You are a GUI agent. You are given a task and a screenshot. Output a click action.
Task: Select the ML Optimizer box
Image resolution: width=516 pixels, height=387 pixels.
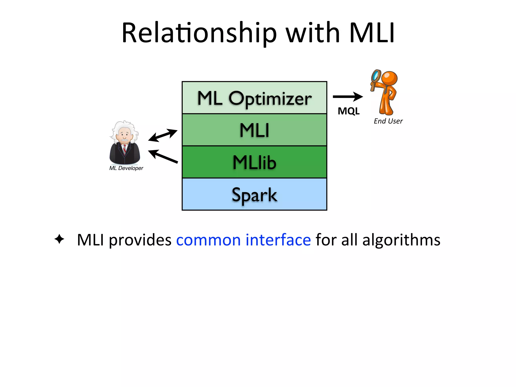pyautogui.click(x=254, y=98)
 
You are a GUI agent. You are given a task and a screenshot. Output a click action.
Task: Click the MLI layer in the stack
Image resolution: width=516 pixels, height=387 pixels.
pyautogui.click(x=254, y=130)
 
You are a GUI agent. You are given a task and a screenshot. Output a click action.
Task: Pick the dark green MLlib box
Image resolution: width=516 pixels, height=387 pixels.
pyautogui.click(x=254, y=162)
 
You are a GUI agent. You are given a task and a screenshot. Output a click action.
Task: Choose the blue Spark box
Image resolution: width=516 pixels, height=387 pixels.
pyautogui.click(x=254, y=194)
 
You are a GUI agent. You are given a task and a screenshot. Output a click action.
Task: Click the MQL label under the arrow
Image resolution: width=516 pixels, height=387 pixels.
pyautogui.click(x=348, y=111)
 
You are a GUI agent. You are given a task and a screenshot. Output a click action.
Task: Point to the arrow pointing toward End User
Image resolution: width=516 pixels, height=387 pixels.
pyautogui.click(x=348, y=96)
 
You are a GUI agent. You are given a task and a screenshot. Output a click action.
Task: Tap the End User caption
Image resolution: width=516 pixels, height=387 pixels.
pyautogui.click(x=388, y=121)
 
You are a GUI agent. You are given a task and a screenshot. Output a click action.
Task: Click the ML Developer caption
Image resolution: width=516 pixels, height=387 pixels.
pyautogui.click(x=126, y=168)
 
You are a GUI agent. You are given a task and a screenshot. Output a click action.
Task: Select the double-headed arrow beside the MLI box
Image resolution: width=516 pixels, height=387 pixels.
pyautogui.click(x=163, y=135)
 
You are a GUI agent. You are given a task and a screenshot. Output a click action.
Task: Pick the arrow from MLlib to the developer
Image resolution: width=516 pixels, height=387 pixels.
pyautogui.click(x=163, y=156)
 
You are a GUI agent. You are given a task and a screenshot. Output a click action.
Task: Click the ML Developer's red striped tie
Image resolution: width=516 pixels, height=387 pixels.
pyautogui.click(x=124, y=149)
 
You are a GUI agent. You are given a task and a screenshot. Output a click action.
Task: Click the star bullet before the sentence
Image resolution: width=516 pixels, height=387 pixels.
pyautogui.click(x=59, y=239)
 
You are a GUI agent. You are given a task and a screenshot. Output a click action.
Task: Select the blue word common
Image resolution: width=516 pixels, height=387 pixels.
pyautogui.click(x=208, y=240)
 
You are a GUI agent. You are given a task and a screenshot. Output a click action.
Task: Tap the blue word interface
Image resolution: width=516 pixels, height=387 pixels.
pyautogui.click(x=278, y=240)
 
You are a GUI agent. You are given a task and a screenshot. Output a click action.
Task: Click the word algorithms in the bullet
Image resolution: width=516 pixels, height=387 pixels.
pyautogui.click(x=401, y=240)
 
